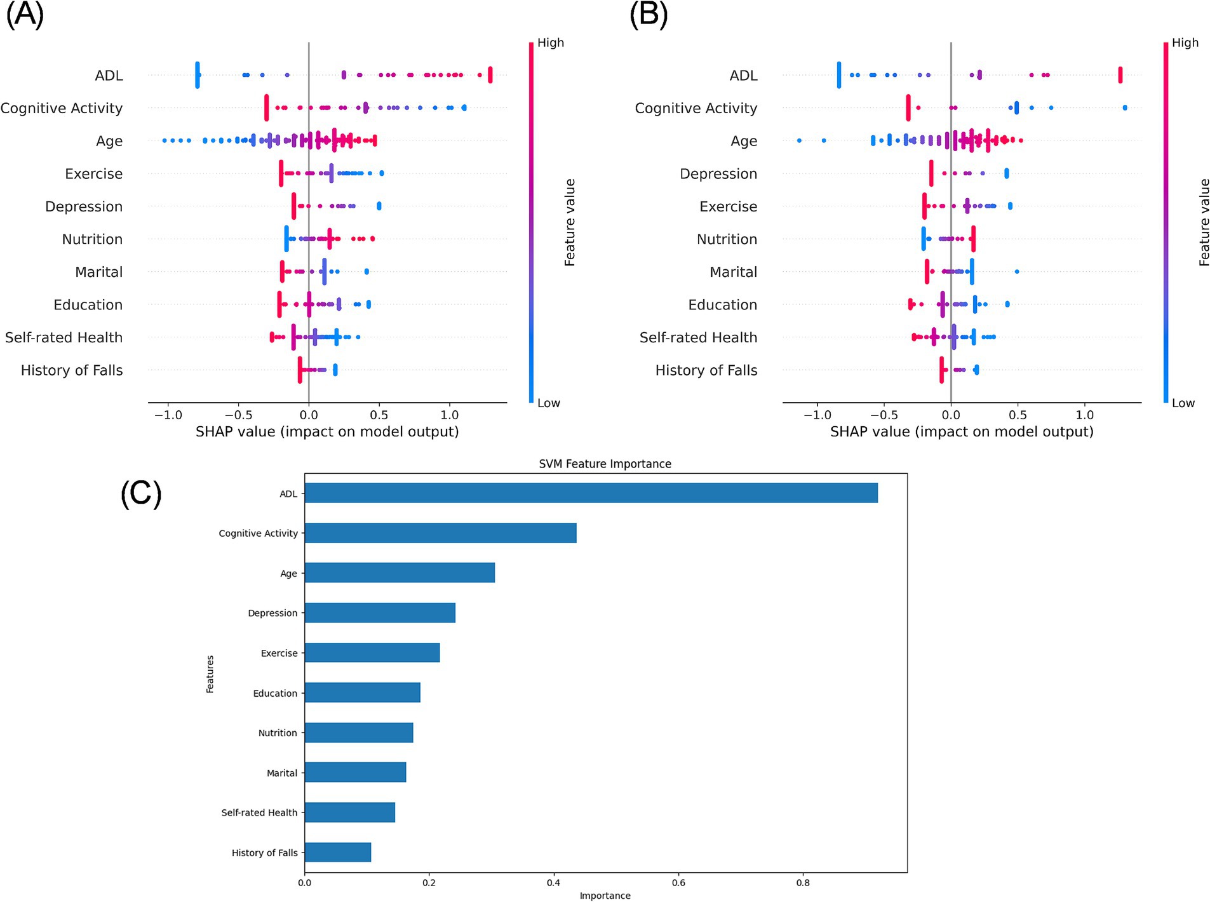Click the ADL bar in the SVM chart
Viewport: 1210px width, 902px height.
click(591, 493)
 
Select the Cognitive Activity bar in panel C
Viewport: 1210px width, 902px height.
click(440, 533)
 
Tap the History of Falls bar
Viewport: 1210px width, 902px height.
click(338, 852)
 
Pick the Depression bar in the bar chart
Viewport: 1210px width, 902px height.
click(380, 613)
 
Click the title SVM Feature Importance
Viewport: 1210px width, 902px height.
click(605, 464)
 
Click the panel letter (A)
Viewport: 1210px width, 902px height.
click(25, 15)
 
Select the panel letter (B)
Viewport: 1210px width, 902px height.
click(648, 15)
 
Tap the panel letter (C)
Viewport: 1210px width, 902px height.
click(141, 494)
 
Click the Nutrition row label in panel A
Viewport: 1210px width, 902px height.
click(92, 239)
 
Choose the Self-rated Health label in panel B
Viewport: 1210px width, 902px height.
click(698, 337)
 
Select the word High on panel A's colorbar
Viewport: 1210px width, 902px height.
click(551, 43)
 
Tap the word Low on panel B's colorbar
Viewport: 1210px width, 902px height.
click(1183, 403)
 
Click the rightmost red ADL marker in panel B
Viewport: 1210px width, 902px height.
click(1120, 75)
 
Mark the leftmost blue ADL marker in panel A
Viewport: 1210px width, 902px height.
click(198, 75)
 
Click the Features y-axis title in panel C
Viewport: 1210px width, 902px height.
click(210, 673)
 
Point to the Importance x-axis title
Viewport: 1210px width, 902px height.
click(605, 896)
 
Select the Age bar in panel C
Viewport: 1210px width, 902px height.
click(400, 573)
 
